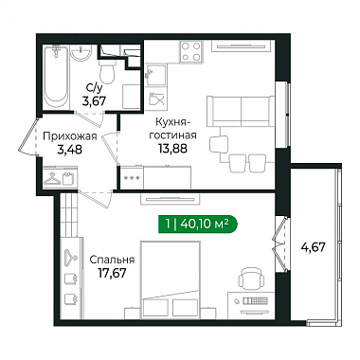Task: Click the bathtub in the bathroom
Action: pos(56,77)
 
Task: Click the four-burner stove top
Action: pos(191,51)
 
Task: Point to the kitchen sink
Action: pos(155,75)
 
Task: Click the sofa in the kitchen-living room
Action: pos(241,111)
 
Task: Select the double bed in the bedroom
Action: pos(171,280)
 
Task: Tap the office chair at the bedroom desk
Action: pos(251,279)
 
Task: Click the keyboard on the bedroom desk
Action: pos(256,300)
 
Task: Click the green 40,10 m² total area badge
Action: pos(198,225)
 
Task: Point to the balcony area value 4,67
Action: pos(313,246)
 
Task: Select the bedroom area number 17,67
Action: pos(112,273)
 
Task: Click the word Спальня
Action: pos(112,260)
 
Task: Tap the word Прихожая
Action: pos(70,136)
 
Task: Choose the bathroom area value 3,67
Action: pos(94,101)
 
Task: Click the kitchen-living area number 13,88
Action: pos(172,148)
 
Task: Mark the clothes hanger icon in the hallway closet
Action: pos(52,179)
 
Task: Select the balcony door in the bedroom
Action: pos(279,243)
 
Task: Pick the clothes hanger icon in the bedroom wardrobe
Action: pos(71,255)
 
